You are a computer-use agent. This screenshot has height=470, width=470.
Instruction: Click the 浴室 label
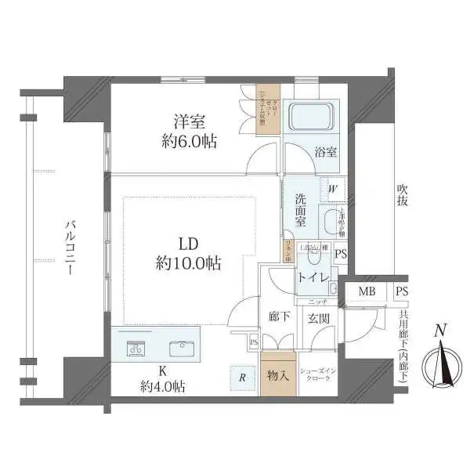(x=326, y=153)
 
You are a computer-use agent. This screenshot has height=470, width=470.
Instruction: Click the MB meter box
(x=366, y=292)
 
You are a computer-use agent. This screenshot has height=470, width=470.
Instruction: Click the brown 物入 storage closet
(x=278, y=374)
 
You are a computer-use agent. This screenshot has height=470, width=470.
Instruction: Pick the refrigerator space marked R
(x=243, y=378)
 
